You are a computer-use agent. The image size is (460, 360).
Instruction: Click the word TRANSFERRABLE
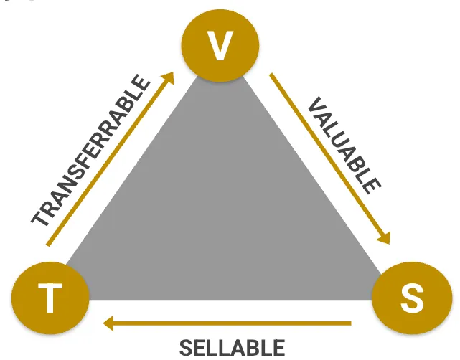(93, 150)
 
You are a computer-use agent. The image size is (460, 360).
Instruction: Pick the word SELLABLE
(232, 348)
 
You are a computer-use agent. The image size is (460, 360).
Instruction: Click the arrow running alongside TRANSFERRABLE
(112, 158)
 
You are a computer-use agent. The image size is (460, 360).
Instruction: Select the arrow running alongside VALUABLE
(330, 158)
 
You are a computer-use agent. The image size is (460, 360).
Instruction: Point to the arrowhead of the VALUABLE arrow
(387, 238)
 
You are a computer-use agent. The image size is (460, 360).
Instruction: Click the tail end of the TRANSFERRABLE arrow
(49, 245)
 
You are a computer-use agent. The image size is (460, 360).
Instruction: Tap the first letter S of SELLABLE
(186, 349)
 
